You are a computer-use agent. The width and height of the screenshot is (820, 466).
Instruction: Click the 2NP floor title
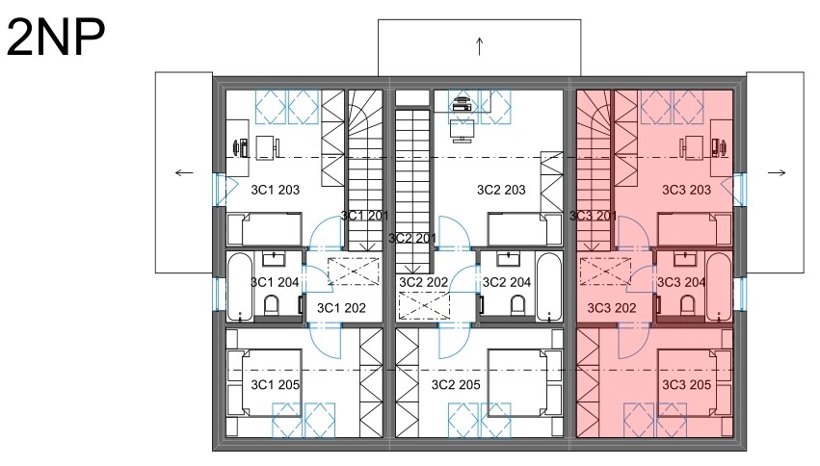click(x=56, y=37)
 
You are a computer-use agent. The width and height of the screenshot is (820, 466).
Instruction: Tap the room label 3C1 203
click(x=275, y=190)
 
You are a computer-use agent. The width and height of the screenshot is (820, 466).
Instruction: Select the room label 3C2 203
click(x=501, y=190)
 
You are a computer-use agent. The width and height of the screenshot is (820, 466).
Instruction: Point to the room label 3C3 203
click(x=687, y=190)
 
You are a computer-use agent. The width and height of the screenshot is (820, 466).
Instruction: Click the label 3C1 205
click(x=275, y=385)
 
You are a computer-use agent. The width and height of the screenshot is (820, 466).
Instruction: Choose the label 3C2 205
click(x=456, y=385)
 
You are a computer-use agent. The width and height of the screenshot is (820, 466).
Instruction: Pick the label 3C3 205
click(x=687, y=385)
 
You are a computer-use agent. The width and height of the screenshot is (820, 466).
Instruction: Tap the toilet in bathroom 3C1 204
click(x=272, y=304)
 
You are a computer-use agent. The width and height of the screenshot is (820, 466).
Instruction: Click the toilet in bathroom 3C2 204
click(x=517, y=304)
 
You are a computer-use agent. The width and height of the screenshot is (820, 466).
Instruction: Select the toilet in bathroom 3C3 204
click(x=687, y=304)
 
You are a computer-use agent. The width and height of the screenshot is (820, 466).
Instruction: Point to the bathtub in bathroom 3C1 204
click(x=241, y=287)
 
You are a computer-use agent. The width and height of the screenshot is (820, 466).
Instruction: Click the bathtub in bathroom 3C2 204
click(x=549, y=287)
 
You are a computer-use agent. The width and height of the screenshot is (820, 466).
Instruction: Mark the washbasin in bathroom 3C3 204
click(x=684, y=259)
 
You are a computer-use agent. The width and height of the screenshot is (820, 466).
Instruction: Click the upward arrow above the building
click(x=479, y=46)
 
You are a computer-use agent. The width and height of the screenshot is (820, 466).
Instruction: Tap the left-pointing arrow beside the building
click(x=184, y=173)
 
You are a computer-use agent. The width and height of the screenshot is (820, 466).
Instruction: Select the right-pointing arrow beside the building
click(x=777, y=173)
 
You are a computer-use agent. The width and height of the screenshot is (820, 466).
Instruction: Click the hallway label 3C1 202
click(x=341, y=308)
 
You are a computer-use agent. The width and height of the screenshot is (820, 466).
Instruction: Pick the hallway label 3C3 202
click(x=612, y=308)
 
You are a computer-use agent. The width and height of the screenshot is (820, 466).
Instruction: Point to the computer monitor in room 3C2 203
click(x=462, y=131)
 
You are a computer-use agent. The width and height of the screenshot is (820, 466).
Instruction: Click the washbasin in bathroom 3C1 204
click(x=274, y=259)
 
